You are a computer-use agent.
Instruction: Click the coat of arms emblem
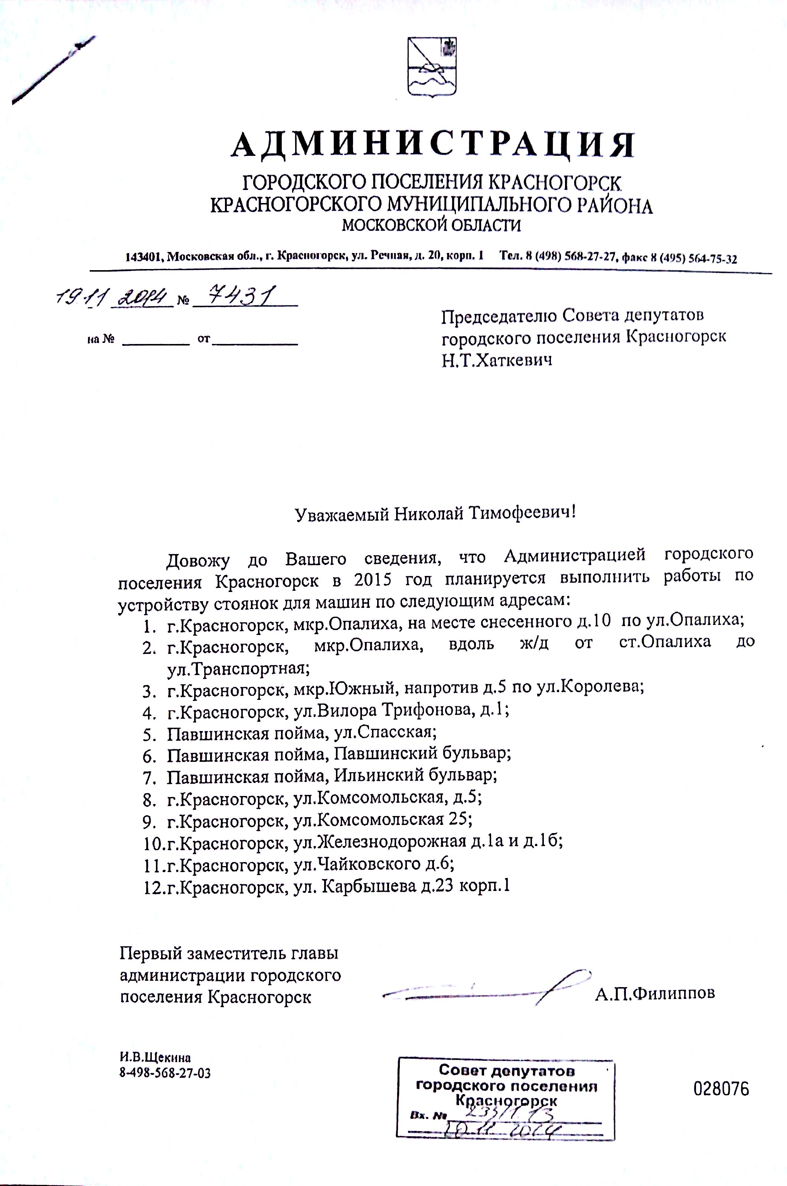(432, 67)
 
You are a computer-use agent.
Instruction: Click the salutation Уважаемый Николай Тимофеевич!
(435, 514)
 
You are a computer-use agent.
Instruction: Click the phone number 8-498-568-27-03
(164, 1073)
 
